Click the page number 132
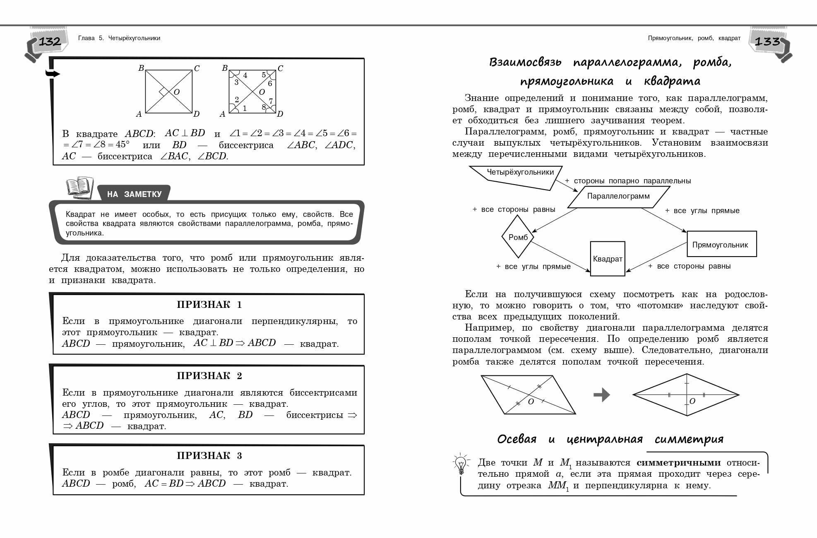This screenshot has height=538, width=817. (50, 41)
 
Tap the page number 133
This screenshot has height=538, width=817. (767, 41)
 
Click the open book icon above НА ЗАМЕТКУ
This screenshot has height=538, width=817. (79, 187)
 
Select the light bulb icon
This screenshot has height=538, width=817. (460, 464)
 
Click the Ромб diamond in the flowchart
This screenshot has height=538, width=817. (518, 238)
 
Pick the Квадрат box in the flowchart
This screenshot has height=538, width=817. (607, 259)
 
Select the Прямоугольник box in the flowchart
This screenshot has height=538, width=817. (721, 245)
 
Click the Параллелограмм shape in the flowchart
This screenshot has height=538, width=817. (618, 196)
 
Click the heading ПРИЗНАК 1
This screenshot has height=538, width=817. (209, 305)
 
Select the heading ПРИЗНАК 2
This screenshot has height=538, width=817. (209, 376)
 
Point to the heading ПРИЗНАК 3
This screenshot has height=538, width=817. (209, 456)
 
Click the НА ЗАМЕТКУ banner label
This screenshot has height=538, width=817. (134, 194)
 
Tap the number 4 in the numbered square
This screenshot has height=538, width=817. (245, 75)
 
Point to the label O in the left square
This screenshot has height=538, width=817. (177, 92)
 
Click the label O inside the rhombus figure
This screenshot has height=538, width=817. (692, 401)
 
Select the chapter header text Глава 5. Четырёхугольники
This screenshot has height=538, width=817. (119, 38)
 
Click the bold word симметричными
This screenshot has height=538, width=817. (678, 463)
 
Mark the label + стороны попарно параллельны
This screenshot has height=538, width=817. (628, 181)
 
